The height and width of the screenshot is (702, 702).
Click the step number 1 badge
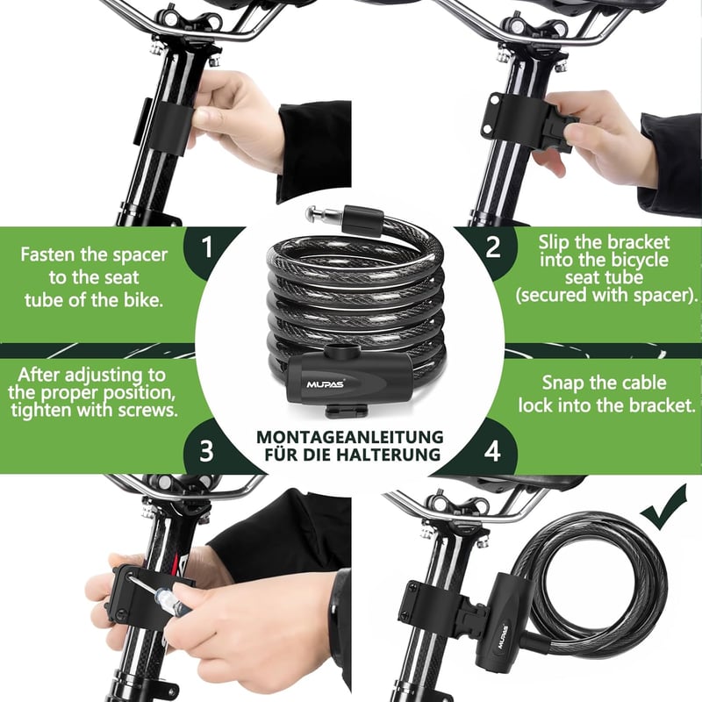click(x=207, y=247)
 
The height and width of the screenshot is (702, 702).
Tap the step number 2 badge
click(x=492, y=247)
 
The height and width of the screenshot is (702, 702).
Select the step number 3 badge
click(x=206, y=450)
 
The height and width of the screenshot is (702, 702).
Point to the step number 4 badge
click(x=492, y=450)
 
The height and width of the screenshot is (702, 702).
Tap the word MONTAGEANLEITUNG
click(x=349, y=437)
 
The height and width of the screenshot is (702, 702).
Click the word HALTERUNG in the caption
click(x=389, y=455)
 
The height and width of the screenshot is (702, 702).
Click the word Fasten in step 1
click(x=48, y=254)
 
